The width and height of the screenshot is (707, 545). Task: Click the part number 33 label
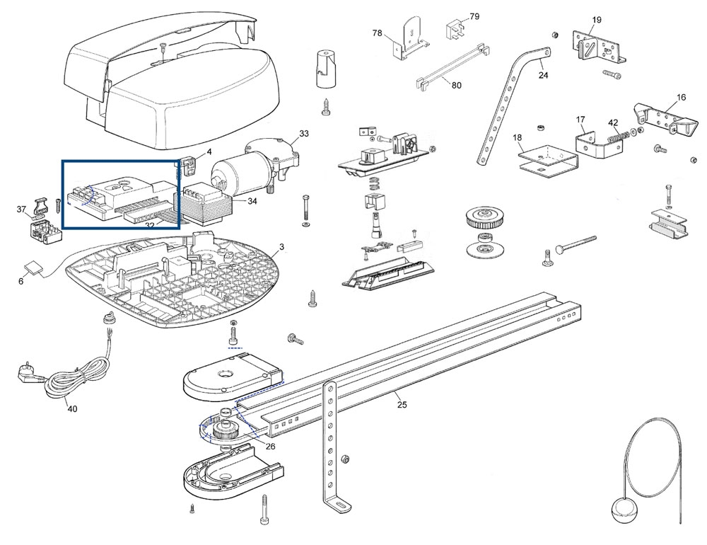(x=304, y=133)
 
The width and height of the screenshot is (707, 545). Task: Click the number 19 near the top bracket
(x=597, y=20)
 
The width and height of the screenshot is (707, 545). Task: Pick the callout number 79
(x=474, y=16)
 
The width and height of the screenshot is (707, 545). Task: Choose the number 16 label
(x=681, y=97)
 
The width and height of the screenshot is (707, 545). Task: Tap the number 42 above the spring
(x=613, y=122)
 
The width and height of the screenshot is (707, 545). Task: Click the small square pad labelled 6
(x=33, y=268)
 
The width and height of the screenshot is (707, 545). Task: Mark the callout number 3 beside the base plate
(x=281, y=246)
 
